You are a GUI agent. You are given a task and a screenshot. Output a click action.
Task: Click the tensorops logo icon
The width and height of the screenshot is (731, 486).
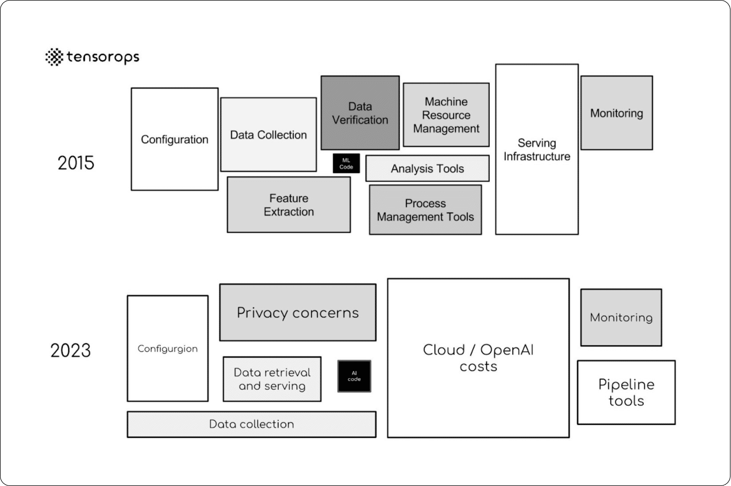(x=54, y=57)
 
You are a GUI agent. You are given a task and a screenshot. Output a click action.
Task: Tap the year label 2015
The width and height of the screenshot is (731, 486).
(x=76, y=163)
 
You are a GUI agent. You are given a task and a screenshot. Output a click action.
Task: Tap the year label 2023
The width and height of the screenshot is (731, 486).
(x=71, y=350)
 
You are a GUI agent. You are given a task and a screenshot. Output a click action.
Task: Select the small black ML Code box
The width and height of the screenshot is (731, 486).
(x=346, y=163)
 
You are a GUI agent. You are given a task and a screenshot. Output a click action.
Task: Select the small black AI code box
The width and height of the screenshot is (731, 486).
(x=354, y=376)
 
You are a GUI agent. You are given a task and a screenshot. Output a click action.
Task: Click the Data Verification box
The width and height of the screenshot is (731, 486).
(x=360, y=113)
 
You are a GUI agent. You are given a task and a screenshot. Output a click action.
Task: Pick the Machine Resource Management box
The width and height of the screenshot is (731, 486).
(x=446, y=115)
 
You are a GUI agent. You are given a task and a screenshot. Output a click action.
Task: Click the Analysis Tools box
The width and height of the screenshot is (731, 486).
(x=427, y=169)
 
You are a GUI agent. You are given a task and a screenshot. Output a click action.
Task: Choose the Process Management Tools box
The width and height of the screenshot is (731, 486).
(x=425, y=210)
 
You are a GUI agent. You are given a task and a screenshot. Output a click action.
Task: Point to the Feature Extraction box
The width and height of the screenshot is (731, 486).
(x=289, y=205)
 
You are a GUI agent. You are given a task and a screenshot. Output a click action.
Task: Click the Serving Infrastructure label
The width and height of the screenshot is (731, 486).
(x=537, y=150)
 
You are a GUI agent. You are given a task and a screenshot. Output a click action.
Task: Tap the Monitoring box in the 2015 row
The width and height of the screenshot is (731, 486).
(x=616, y=113)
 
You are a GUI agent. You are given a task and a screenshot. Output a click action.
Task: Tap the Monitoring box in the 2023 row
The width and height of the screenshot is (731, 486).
(x=621, y=318)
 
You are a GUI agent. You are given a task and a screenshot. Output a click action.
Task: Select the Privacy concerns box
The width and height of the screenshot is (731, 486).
(x=298, y=313)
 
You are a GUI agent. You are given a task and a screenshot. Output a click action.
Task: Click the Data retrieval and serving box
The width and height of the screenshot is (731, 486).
(x=272, y=379)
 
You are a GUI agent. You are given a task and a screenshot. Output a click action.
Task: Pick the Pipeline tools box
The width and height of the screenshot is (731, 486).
(x=626, y=392)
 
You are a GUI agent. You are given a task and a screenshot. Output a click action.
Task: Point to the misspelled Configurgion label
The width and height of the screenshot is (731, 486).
(x=168, y=349)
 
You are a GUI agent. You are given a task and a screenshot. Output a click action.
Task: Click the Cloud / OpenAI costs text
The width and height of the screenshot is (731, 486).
(x=478, y=358)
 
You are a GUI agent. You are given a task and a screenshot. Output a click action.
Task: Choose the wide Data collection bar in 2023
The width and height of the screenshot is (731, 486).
(x=251, y=424)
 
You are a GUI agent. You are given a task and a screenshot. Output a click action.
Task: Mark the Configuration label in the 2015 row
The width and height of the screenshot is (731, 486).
(x=174, y=140)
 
